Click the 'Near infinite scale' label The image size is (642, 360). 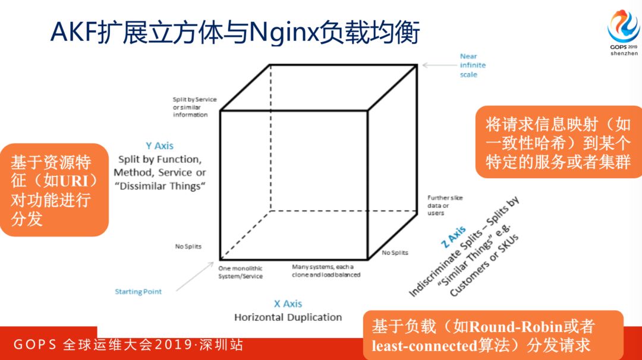[472, 65]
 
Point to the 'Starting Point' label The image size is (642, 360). [138, 292]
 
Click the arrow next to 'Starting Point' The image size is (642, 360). [194, 279]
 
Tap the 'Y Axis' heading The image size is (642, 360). [159, 146]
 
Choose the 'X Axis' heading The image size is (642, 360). [288, 304]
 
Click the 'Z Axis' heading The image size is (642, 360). [454, 239]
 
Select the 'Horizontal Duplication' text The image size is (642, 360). [288, 317]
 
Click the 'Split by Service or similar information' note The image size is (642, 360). [194, 107]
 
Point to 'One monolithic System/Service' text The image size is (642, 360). [240, 272]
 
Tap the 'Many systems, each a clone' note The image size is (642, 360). [326, 271]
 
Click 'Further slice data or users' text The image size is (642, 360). [445, 205]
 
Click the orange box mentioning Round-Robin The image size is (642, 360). [493, 335]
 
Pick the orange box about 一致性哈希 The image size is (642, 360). [558, 143]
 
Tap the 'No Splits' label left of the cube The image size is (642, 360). [188, 246]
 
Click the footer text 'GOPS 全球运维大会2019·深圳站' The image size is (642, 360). [128, 345]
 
